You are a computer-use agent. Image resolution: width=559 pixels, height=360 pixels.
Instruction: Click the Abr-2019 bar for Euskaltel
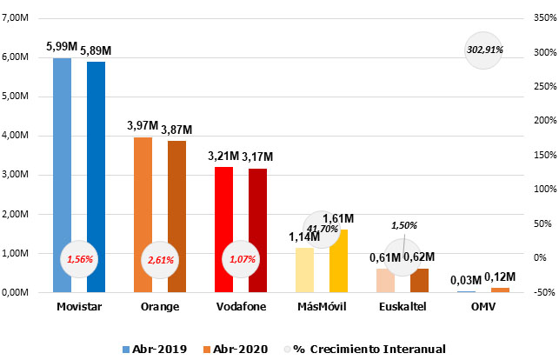click(x=385, y=281)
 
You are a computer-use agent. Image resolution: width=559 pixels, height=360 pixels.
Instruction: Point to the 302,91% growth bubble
click(x=485, y=51)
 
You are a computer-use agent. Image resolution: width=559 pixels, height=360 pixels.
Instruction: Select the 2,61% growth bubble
click(x=160, y=259)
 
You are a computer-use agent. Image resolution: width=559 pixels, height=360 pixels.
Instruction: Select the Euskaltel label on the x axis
click(x=403, y=307)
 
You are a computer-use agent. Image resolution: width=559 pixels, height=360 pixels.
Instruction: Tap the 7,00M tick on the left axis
click(x=17, y=17)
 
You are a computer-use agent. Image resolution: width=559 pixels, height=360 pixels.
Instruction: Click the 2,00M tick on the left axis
click(x=17, y=214)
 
